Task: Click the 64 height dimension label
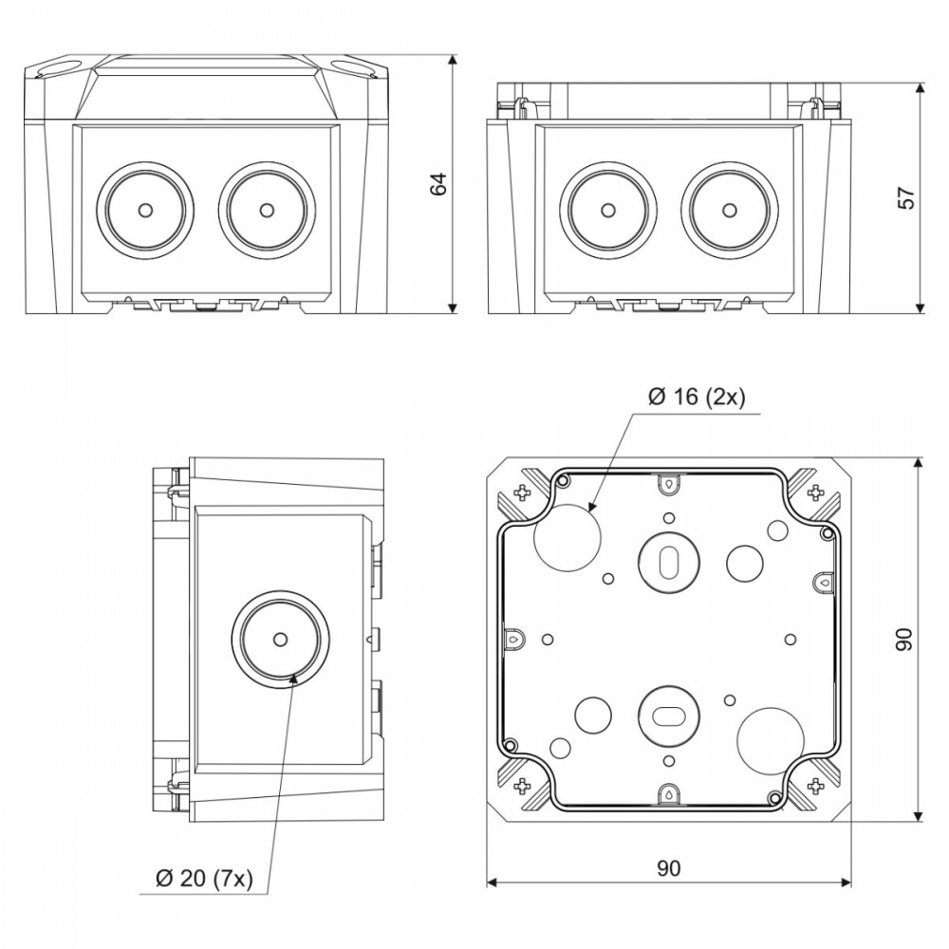click(x=437, y=184)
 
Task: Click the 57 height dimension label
click(x=906, y=198)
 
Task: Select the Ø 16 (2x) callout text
click(x=697, y=397)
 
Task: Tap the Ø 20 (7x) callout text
click(x=204, y=878)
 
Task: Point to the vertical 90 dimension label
click(x=903, y=639)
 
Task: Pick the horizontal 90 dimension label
click(x=668, y=868)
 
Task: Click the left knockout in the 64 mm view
click(x=144, y=210)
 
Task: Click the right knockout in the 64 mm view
click(x=267, y=210)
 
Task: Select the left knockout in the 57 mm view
click(x=607, y=210)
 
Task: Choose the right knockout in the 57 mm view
click(x=729, y=210)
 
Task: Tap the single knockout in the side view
click(x=280, y=639)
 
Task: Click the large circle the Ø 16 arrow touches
click(x=568, y=536)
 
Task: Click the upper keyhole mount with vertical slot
click(x=669, y=562)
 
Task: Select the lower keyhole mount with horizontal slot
click(x=669, y=716)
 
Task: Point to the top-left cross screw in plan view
click(x=520, y=493)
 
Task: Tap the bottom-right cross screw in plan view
click(x=816, y=786)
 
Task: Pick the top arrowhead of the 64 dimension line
click(x=452, y=61)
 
